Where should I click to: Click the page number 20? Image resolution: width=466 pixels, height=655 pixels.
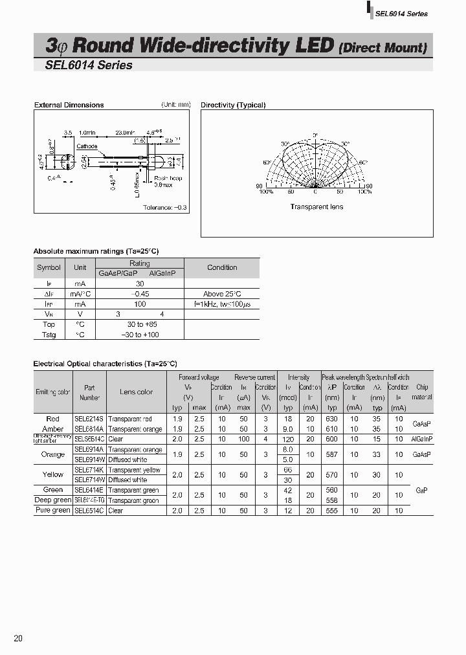click(18, 638)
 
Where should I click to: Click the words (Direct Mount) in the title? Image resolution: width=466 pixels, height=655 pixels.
click(383, 47)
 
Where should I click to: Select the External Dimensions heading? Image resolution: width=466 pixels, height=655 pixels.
click(69, 105)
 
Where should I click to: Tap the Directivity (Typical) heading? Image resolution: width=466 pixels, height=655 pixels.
click(233, 105)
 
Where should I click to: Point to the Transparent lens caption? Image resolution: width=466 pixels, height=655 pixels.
click(316, 207)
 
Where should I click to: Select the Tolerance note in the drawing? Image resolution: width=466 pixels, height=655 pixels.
click(165, 207)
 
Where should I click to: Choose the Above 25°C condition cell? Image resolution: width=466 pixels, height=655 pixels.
click(222, 293)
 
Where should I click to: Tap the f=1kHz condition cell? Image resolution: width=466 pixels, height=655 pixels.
click(222, 304)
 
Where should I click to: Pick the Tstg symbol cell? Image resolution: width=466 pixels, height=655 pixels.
click(49, 335)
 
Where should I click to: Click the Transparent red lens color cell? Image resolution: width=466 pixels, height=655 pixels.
click(130, 419)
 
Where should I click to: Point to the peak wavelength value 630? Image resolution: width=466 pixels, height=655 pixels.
click(332, 419)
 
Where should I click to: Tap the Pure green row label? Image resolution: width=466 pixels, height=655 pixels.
click(52, 511)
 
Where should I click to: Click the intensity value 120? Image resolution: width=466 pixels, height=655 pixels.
click(288, 439)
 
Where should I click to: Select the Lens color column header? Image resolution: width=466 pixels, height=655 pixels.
click(136, 392)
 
